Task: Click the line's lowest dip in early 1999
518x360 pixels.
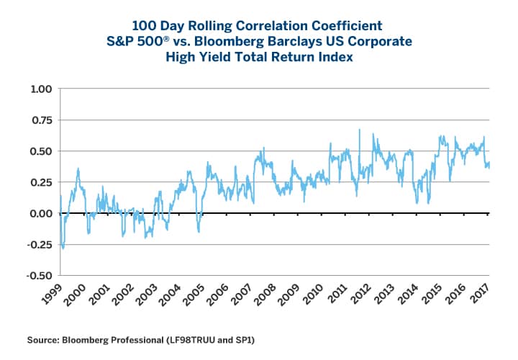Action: coord(63,248)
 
